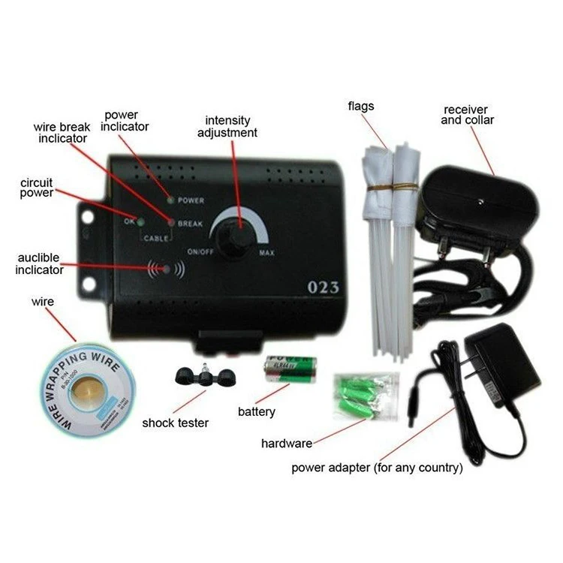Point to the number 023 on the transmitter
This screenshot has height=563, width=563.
point(324,287)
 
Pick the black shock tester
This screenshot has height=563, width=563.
point(202,376)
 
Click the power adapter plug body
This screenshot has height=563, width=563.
point(502,360)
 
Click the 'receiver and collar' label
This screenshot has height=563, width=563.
point(468,114)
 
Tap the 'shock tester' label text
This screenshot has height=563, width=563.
point(176,423)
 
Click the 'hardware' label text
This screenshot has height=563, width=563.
point(287,443)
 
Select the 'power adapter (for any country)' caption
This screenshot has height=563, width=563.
point(377,468)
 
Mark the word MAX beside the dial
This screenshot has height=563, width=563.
point(266,253)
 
